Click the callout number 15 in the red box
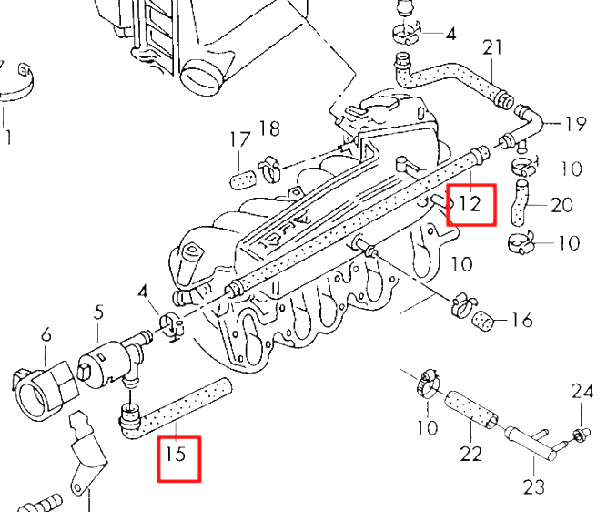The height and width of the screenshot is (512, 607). [x=177, y=454]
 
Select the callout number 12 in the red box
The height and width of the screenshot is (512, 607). [x=470, y=203]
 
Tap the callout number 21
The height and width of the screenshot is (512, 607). [x=492, y=47]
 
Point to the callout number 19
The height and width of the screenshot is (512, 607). [x=575, y=124]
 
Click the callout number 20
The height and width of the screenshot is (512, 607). [x=561, y=205]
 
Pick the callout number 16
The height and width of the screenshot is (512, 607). [x=521, y=320]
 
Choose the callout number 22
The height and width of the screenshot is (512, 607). [x=470, y=454]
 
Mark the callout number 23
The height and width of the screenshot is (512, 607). [x=534, y=486]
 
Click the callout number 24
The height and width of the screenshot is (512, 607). [x=582, y=392]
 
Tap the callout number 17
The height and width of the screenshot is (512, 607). [x=240, y=139]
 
